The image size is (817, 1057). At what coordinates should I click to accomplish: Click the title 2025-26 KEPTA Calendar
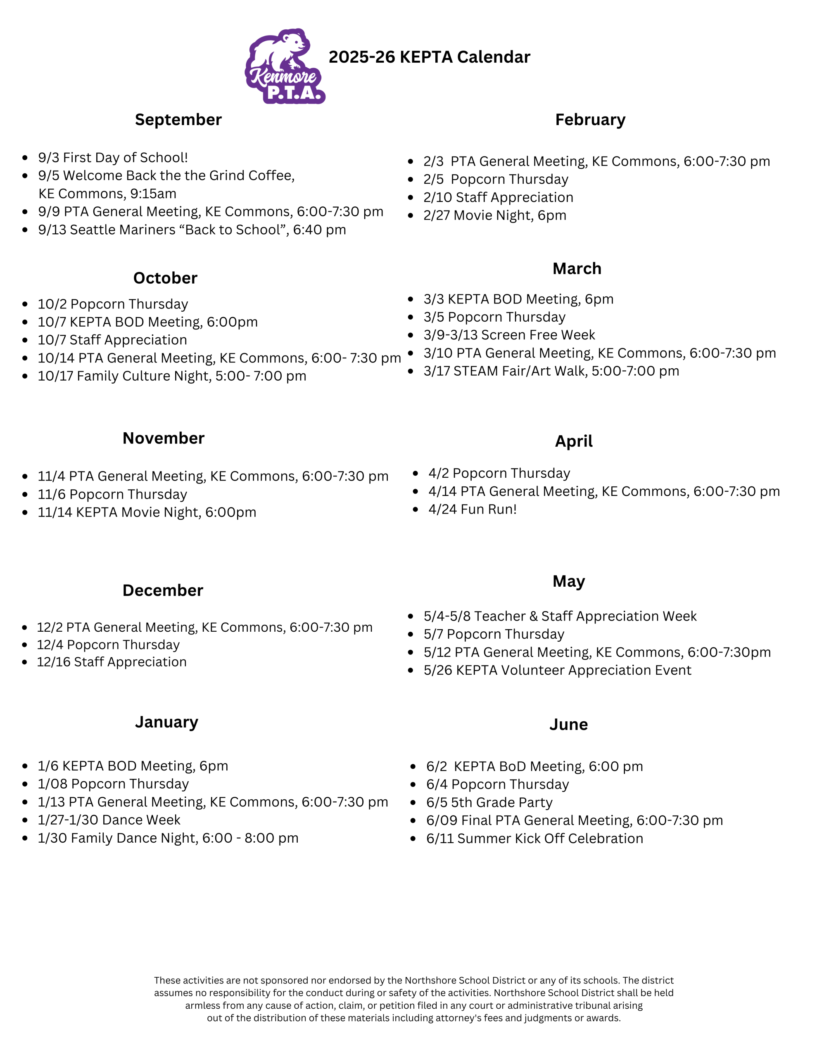click(x=429, y=57)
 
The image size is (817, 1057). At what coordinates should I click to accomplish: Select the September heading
click(x=178, y=120)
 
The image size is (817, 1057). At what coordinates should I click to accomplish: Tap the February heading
click(x=590, y=120)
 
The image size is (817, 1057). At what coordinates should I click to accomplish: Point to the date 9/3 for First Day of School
click(x=48, y=158)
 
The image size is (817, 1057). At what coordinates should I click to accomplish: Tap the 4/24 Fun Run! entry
click(x=472, y=509)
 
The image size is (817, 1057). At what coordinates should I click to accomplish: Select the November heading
click(x=163, y=438)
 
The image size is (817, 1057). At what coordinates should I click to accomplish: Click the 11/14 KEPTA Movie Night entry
click(x=147, y=512)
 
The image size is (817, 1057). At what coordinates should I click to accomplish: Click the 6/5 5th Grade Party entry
click(x=489, y=802)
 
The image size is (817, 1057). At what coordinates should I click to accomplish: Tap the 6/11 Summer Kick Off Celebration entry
click(x=534, y=838)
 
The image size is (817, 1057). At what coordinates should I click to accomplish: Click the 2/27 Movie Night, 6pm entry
click(x=494, y=216)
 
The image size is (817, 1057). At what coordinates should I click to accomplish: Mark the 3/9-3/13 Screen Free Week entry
click(x=509, y=335)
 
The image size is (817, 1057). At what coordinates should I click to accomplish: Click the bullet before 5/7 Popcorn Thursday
click(x=411, y=635)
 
